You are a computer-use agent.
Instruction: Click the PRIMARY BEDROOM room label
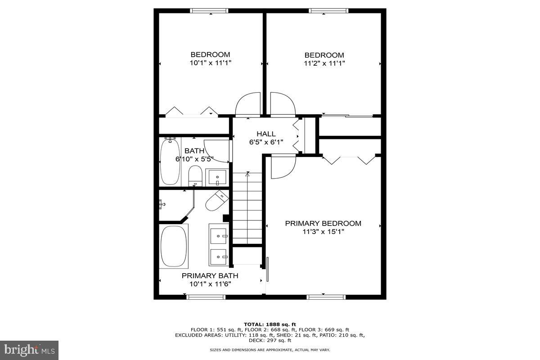point(323,223)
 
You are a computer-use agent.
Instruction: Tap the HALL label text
point(266,134)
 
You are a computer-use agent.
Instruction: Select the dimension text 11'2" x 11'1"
point(324,63)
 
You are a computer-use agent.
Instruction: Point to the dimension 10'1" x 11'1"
point(210,63)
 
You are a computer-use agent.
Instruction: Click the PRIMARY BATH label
point(210,275)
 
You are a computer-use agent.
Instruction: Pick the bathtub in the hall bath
point(170,162)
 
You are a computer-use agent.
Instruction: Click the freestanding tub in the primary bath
point(173,247)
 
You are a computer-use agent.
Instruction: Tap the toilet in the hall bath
point(195,175)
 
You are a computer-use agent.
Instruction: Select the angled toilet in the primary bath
point(216,201)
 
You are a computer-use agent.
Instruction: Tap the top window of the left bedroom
point(210,11)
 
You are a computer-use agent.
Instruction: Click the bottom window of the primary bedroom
point(326,297)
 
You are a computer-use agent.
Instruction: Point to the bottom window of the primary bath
point(206,297)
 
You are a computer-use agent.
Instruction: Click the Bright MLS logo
point(29,350)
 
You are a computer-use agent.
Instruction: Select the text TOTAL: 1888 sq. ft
point(270,324)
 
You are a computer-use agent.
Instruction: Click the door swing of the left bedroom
point(248,104)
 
